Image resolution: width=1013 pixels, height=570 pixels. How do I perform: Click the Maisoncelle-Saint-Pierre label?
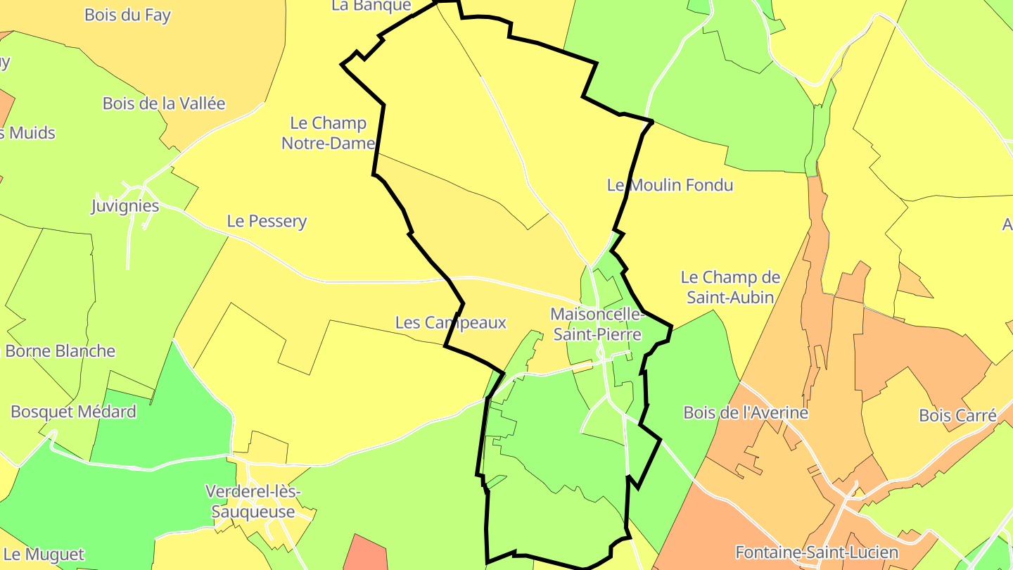(x=597, y=324)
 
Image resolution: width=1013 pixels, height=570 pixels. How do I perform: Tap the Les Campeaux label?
(x=451, y=322)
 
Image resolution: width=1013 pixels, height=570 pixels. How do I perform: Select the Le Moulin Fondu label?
(x=670, y=185)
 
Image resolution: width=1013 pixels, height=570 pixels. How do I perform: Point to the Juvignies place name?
(x=125, y=206)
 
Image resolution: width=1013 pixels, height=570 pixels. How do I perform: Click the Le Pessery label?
(x=267, y=221)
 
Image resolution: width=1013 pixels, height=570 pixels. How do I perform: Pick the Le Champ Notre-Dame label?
(x=328, y=133)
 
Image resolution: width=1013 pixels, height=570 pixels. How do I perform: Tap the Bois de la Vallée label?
(x=164, y=103)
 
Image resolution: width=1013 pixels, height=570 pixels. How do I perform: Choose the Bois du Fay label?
(x=127, y=15)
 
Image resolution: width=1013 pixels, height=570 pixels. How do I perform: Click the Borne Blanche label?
(x=60, y=350)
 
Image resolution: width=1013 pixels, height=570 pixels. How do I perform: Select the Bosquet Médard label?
(x=73, y=412)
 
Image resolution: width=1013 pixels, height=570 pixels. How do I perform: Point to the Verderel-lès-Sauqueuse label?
(x=253, y=501)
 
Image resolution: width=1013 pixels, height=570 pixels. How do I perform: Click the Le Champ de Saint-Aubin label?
(x=730, y=287)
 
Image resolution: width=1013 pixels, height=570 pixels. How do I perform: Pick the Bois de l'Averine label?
(x=746, y=412)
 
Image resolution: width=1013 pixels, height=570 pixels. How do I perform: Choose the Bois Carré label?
(x=957, y=415)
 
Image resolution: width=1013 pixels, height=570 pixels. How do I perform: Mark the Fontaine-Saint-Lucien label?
(x=817, y=552)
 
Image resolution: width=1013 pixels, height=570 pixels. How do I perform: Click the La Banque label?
(x=371, y=6)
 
